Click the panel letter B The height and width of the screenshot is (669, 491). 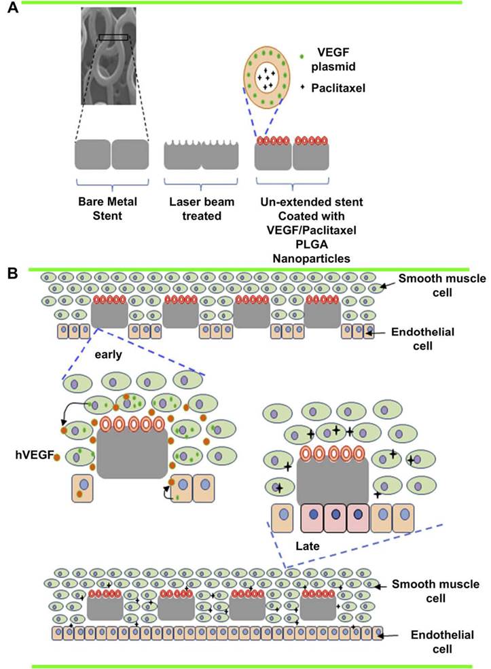[12, 273]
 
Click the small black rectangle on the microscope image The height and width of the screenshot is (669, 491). [113, 37]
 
